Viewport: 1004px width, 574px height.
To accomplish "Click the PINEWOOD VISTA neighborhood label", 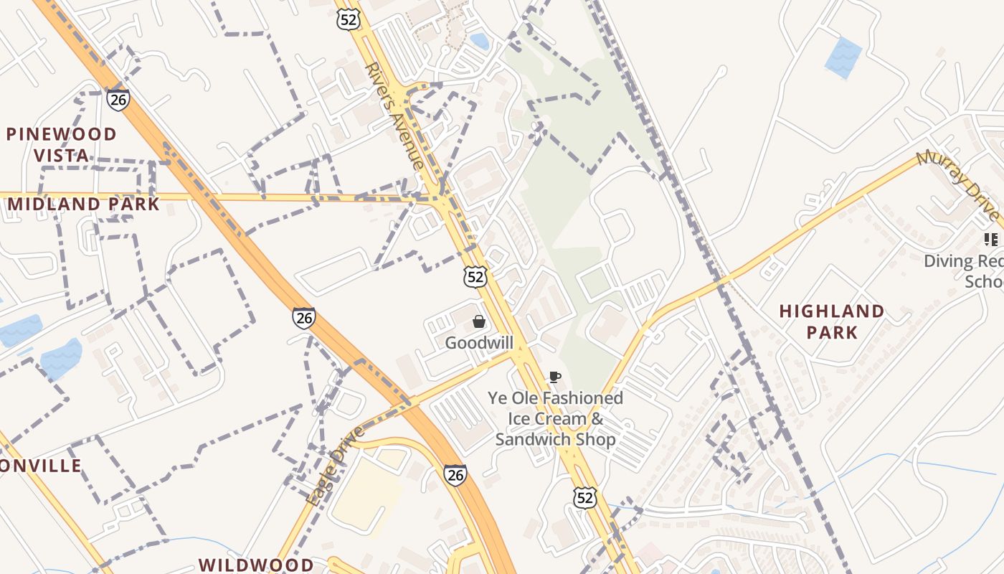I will tap(61, 144).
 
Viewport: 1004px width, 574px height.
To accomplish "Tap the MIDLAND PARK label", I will tap(84, 204).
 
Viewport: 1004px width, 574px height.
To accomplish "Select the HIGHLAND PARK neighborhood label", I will tap(832, 321).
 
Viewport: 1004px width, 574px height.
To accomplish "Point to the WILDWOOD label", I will tap(256, 565).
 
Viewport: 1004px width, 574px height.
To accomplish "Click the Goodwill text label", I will tap(479, 343).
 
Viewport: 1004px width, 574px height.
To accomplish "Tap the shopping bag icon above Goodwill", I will tap(478, 321).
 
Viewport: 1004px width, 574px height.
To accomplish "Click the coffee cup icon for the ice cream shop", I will tap(554, 377).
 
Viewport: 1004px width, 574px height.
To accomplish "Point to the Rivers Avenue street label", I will tap(394, 116).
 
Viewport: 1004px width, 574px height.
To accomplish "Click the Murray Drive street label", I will tap(958, 186).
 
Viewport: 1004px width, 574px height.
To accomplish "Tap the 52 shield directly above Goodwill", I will tap(475, 276).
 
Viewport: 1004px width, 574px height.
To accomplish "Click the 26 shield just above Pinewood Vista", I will tap(118, 99).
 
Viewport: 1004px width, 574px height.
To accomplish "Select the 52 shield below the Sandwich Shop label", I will tap(584, 497).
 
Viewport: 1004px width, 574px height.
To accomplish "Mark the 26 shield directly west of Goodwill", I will tap(303, 317).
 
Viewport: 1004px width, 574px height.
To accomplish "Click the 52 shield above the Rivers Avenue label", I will tap(348, 19).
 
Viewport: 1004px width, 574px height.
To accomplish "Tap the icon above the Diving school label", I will tap(991, 239).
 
